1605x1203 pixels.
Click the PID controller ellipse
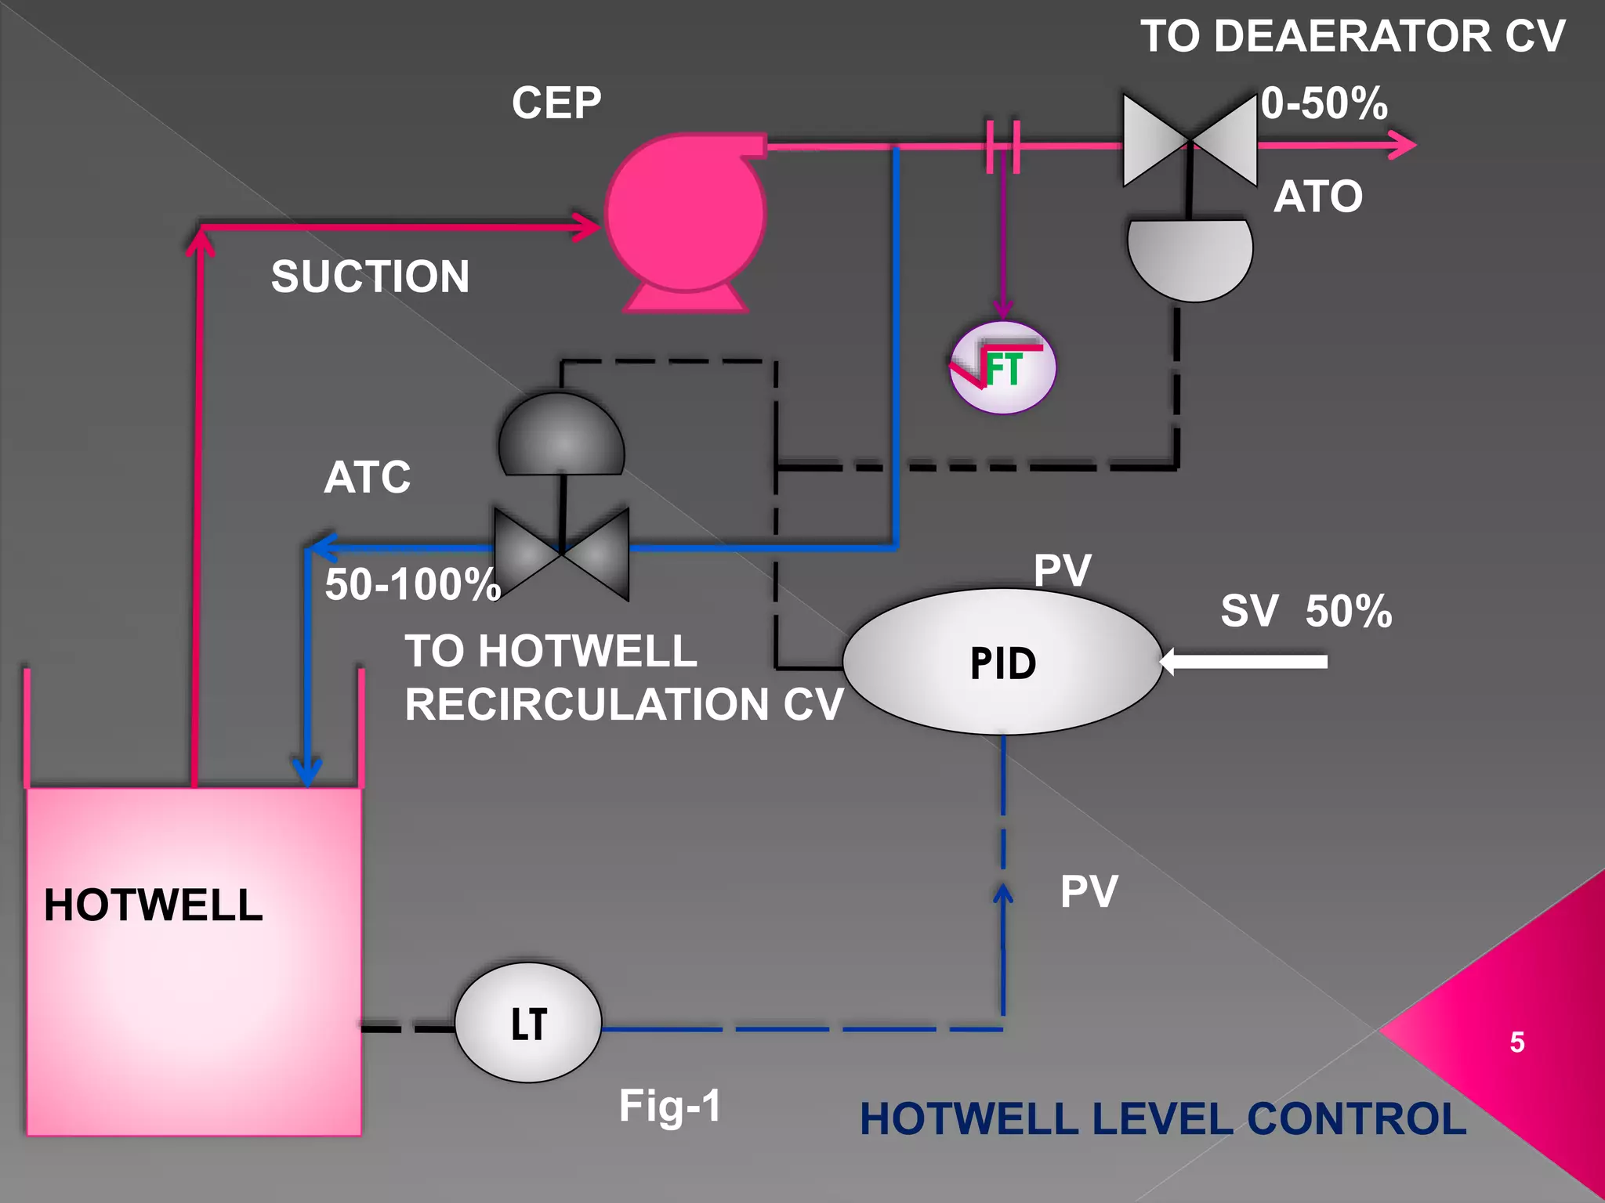[1002, 662]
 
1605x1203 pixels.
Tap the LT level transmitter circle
[528, 1023]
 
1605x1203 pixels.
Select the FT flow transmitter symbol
[1002, 367]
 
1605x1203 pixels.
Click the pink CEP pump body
[685, 213]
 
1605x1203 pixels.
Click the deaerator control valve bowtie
[1190, 141]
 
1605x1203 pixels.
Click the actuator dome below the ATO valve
[1190, 257]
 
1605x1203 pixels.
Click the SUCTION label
[370, 276]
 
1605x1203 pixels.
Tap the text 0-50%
[1324, 103]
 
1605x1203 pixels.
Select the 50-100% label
[412, 584]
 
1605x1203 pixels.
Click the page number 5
[1516, 1042]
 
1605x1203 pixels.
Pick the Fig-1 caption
[670, 1106]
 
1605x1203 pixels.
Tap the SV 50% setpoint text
[1306, 611]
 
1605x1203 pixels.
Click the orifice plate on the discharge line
[1003, 146]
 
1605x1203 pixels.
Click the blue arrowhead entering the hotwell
[307, 771]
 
